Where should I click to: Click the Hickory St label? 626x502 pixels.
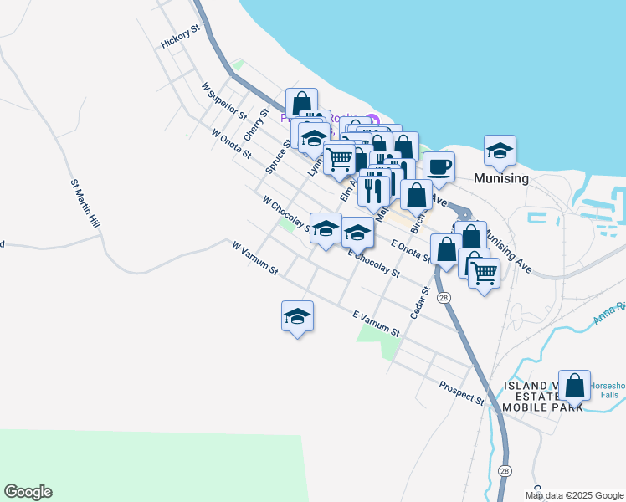[x=182, y=38]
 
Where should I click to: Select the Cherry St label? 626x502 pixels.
[x=255, y=124]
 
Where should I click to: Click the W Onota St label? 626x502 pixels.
[x=231, y=143]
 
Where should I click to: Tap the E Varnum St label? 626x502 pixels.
[x=376, y=325]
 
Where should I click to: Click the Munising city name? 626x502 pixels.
[x=500, y=179]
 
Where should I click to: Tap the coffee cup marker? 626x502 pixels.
[x=439, y=166]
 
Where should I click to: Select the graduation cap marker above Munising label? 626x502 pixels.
[x=500, y=151]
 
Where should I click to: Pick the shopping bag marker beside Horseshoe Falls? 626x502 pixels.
[x=574, y=386]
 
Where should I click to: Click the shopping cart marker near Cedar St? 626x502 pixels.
[x=484, y=271]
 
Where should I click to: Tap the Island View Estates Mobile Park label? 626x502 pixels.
[x=543, y=397]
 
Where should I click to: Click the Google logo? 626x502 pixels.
[x=28, y=492]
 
